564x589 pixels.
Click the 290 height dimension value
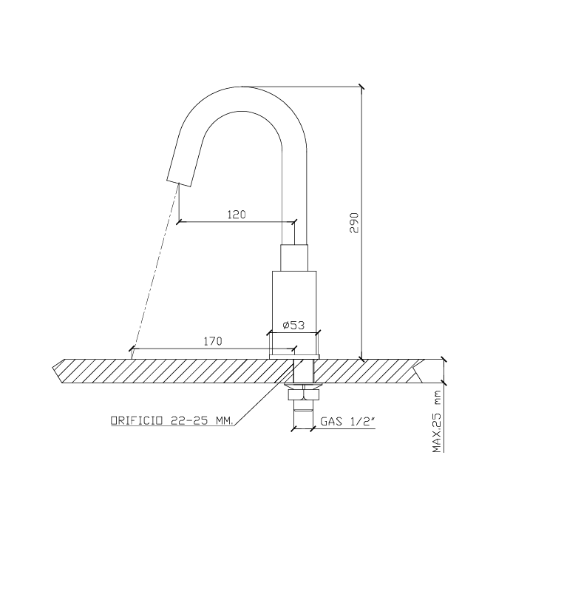tap(354, 223)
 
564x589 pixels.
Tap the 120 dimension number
tap(237, 215)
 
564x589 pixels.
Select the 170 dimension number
tap(213, 341)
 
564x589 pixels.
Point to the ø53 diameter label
tap(293, 325)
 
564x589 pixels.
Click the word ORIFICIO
tap(137, 420)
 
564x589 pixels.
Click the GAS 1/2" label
tap(348, 422)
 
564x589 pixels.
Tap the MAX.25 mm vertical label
tap(437, 422)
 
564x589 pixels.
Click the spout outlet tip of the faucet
tap(179, 183)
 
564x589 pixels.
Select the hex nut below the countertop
tap(303, 395)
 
